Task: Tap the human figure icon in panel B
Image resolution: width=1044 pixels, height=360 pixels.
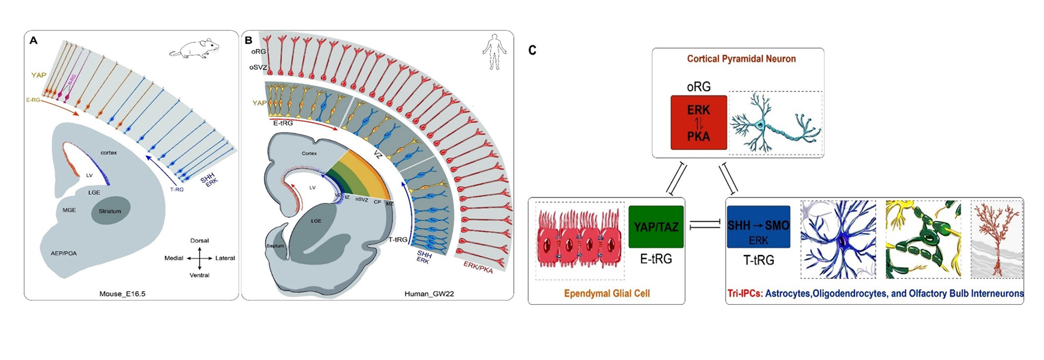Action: (494, 52)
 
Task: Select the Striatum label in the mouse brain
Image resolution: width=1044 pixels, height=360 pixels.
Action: (110, 211)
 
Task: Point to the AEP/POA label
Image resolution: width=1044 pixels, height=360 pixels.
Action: (64, 253)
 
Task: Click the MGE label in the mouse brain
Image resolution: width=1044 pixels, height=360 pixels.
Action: (69, 210)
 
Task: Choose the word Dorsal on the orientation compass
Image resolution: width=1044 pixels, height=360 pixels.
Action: (199, 241)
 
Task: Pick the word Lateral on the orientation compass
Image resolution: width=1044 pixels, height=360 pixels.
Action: (225, 258)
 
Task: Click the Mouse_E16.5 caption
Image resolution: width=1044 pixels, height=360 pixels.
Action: (122, 294)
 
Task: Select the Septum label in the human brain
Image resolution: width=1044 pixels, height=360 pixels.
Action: (275, 246)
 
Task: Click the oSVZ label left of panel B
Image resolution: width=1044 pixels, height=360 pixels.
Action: (258, 68)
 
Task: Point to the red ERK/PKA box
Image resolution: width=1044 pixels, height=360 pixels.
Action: (698, 123)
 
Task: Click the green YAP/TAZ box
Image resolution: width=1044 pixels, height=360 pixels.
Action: (656, 226)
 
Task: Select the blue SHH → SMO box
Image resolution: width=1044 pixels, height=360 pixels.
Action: (758, 227)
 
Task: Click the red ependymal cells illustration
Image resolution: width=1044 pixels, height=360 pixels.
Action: (580, 241)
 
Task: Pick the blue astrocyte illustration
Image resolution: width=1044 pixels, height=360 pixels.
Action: (838, 240)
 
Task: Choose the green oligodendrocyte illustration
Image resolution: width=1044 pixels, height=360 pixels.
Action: (923, 240)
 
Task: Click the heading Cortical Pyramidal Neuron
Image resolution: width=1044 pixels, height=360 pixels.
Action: (742, 59)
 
